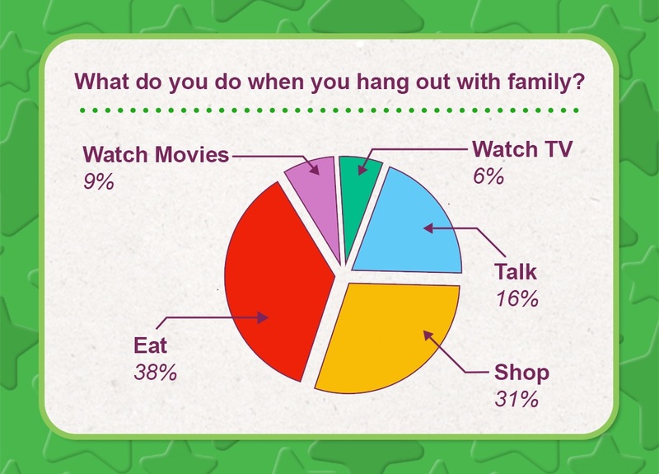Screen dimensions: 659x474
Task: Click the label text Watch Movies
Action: point(156,154)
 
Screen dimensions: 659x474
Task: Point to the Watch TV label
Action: point(522,149)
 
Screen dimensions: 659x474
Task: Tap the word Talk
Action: point(516,271)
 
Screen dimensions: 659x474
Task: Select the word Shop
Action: point(521,373)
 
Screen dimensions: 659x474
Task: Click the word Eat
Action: point(151,345)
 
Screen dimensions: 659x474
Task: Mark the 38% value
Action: point(156,373)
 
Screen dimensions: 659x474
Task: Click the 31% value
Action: point(516,399)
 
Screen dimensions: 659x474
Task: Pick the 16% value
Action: point(517,298)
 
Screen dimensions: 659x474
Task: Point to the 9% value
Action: point(99,181)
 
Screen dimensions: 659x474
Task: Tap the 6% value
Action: point(488,176)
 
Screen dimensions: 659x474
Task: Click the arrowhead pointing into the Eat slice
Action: point(263,317)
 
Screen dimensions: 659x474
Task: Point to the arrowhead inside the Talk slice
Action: point(428,228)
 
